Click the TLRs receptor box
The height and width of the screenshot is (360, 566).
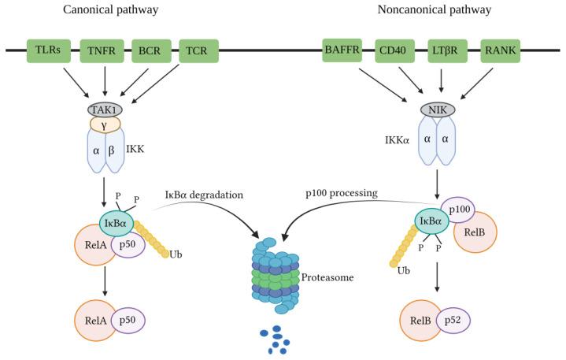[47, 51]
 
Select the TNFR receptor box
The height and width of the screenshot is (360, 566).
[102, 51]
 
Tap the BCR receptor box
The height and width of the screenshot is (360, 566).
[151, 51]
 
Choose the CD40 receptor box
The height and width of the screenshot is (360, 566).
[394, 51]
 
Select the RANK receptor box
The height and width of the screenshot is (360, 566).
[500, 51]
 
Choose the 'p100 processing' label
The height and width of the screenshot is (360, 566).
[341, 194]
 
